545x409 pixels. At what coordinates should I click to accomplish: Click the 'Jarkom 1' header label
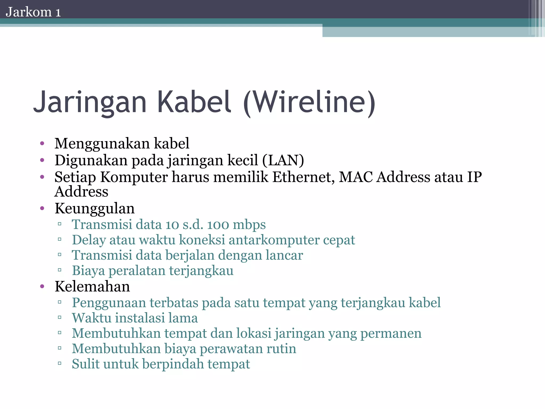pyautogui.click(x=33, y=12)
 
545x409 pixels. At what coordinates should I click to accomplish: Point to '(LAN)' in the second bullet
pyautogui.click(x=283, y=161)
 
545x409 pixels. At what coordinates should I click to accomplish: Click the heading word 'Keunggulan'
pyautogui.click(x=94, y=208)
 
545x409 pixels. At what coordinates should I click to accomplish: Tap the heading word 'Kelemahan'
pyautogui.click(x=92, y=287)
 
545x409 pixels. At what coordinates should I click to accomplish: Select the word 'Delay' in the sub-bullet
pyautogui.click(x=89, y=240)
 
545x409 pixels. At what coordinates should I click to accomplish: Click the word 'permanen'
pyautogui.click(x=391, y=334)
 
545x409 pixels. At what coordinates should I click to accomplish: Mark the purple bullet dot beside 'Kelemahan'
pyautogui.click(x=42, y=287)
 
